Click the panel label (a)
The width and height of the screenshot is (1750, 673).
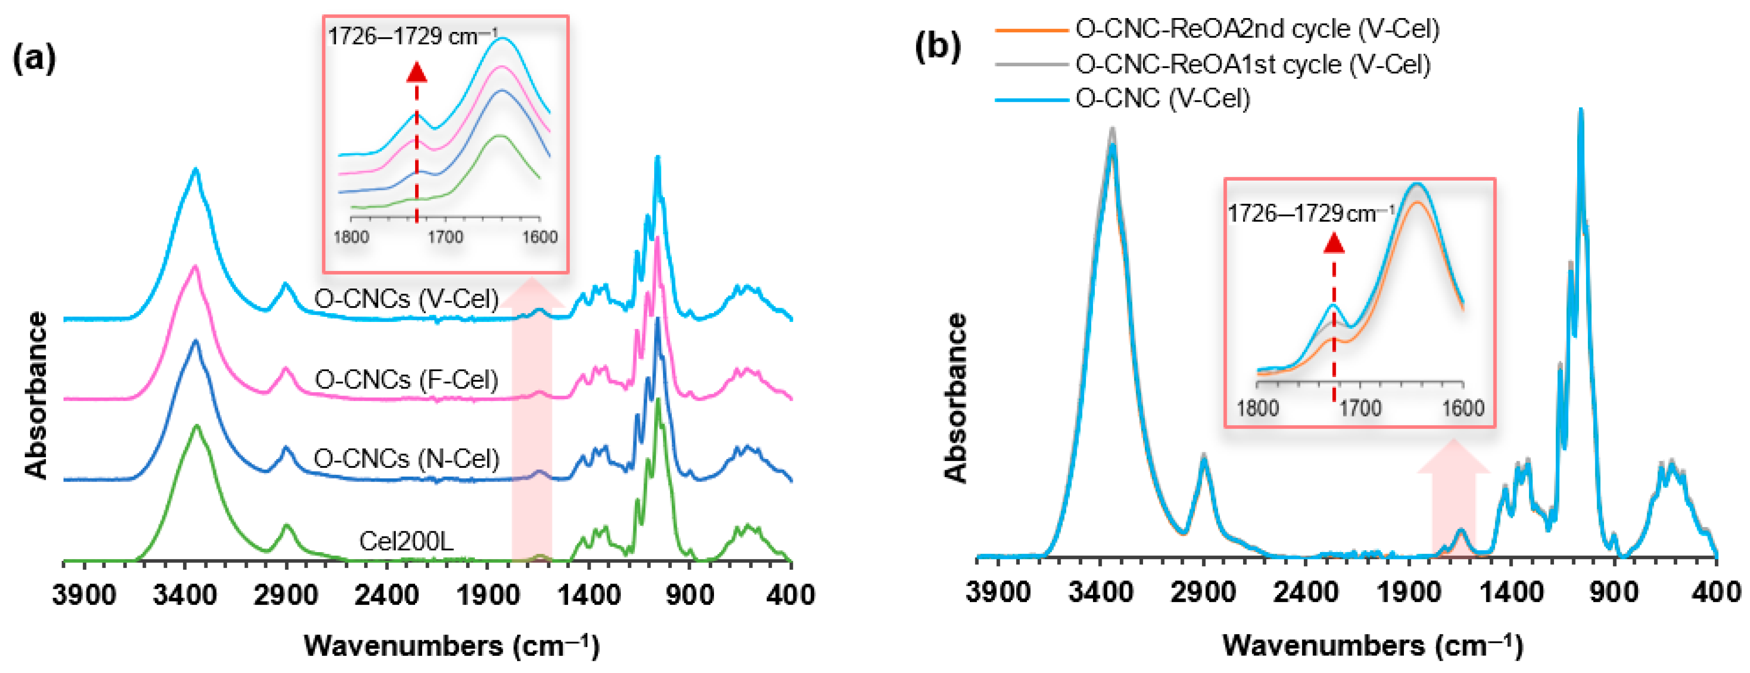(34, 59)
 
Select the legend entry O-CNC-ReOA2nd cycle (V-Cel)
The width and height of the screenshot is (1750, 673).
(1257, 29)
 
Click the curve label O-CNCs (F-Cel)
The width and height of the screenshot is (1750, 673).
(406, 379)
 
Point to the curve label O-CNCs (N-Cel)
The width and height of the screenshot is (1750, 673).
(406, 459)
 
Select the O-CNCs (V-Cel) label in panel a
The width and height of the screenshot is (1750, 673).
(406, 299)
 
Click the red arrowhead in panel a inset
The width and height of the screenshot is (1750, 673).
(417, 71)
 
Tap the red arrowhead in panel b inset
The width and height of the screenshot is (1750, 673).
(1334, 242)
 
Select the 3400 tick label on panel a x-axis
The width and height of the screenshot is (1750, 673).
(185, 596)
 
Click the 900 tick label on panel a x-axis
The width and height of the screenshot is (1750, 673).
(689, 596)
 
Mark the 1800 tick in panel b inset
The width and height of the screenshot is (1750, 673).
(1257, 408)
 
